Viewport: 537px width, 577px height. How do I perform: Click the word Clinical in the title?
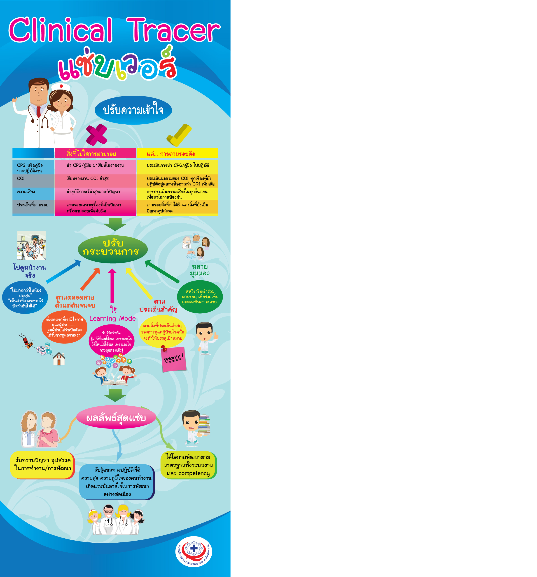pos(60,31)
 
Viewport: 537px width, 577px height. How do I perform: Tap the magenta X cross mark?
pos(97,134)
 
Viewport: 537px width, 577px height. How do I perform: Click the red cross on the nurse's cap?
pos(61,86)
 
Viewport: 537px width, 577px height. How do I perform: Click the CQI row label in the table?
pos(21,178)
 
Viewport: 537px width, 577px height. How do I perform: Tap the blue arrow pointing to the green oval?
pos(63,271)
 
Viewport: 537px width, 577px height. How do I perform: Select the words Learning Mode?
pos(112,318)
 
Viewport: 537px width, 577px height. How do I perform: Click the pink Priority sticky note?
pos(174,359)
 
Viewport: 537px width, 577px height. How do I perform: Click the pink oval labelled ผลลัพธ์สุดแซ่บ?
pos(116,418)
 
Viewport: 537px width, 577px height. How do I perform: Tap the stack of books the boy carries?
pos(204,425)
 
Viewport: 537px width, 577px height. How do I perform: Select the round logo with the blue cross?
pos(194,551)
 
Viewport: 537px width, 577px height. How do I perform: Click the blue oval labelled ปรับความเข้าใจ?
pos(133,110)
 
